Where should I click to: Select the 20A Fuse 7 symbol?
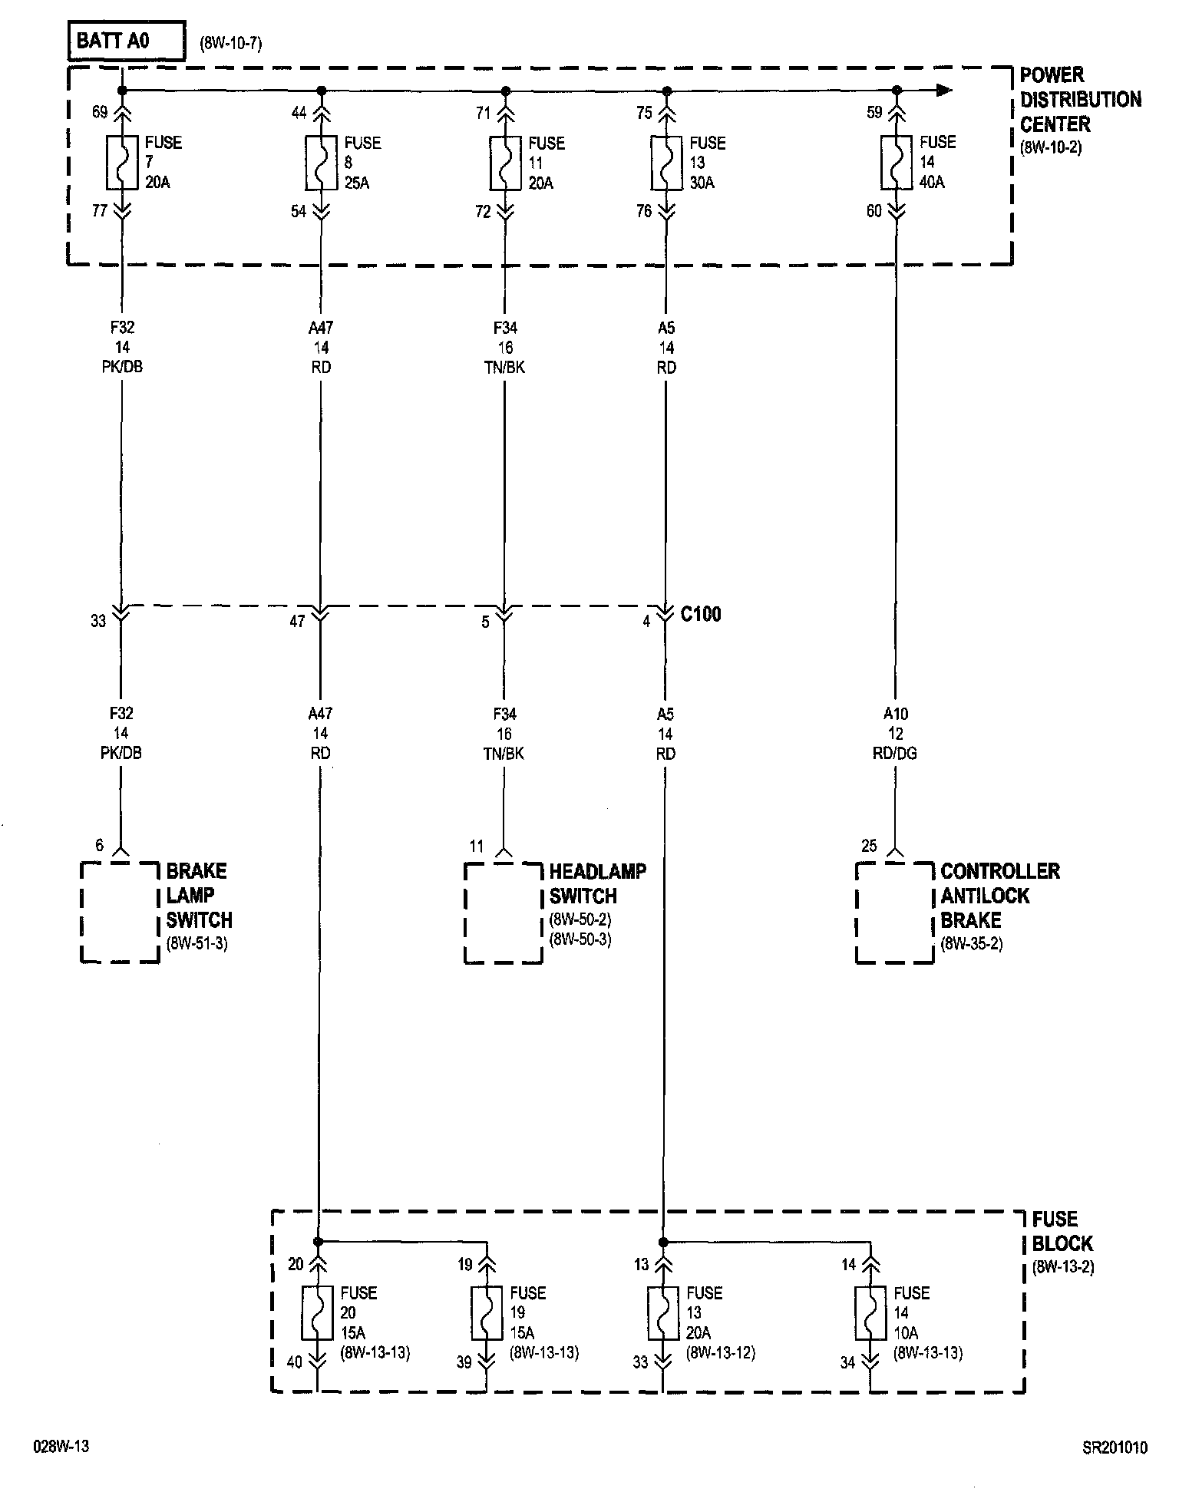pyautogui.click(x=122, y=163)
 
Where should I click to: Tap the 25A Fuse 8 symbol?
pyautogui.click(x=321, y=163)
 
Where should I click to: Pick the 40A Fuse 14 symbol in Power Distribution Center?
pyautogui.click(x=896, y=163)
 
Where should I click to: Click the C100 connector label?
pyautogui.click(x=701, y=614)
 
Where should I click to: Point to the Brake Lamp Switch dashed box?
pyautogui.click(x=120, y=912)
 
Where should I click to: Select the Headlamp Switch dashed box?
pyautogui.click(x=503, y=913)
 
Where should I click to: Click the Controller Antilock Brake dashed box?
pyautogui.click(x=894, y=912)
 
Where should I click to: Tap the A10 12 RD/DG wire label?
pyautogui.click(x=895, y=734)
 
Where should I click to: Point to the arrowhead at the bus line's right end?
pyautogui.click(x=944, y=91)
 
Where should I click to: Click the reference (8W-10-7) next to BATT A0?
pyautogui.click(x=231, y=44)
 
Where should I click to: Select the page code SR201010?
pyautogui.click(x=1115, y=1447)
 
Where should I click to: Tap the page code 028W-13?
pyautogui.click(x=61, y=1447)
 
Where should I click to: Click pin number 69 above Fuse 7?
pyautogui.click(x=100, y=113)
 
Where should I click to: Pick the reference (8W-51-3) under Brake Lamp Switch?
pyautogui.click(x=196, y=944)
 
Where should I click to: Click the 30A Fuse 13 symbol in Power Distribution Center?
pyautogui.click(x=666, y=163)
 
